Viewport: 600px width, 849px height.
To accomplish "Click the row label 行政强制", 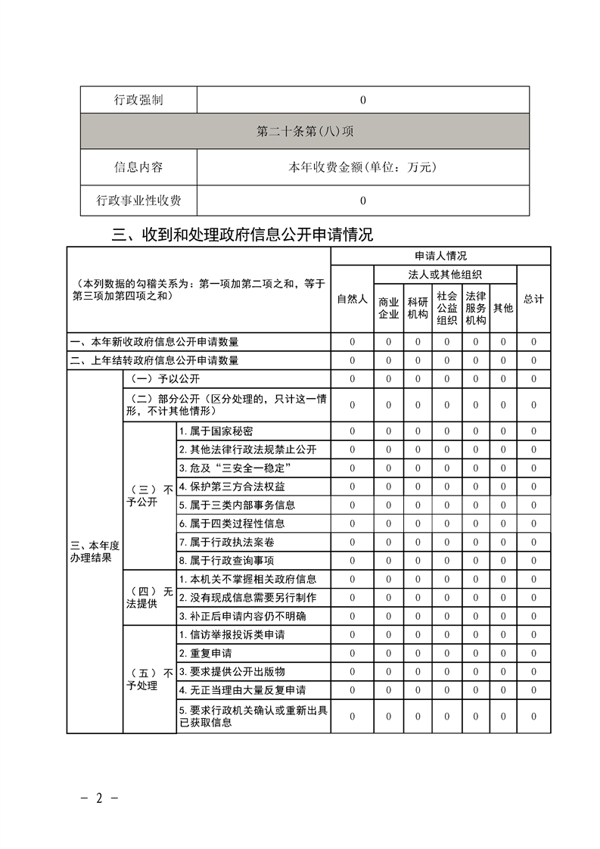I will (x=138, y=100).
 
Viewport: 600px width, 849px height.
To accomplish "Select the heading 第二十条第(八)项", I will (x=305, y=131).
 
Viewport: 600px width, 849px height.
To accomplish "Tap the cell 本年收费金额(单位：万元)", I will (x=362, y=167).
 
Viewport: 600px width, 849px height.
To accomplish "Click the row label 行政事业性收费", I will (x=138, y=201).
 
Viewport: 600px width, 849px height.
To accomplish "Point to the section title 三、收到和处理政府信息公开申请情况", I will (x=242, y=235).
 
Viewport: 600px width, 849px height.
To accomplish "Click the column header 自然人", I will (x=352, y=299).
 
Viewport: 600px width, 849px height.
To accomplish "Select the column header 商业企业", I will (x=388, y=308).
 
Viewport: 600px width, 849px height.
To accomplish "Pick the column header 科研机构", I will (x=418, y=308).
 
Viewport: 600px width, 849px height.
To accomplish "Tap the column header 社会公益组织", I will (x=446, y=308).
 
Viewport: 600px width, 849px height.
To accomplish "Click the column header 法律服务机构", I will (x=475, y=308).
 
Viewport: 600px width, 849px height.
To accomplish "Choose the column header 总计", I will (x=533, y=299).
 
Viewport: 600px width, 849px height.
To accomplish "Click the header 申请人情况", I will (x=440, y=256).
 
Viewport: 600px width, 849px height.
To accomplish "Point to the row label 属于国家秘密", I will (x=216, y=431).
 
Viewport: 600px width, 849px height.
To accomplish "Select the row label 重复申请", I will (x=206, y=653).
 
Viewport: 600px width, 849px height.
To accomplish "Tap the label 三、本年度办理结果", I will (x=95, y=552).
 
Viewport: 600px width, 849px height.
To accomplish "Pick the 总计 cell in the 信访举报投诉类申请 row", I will (x=533, y=634).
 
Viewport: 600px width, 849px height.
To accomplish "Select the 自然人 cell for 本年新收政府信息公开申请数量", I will (x=352, y=342).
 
